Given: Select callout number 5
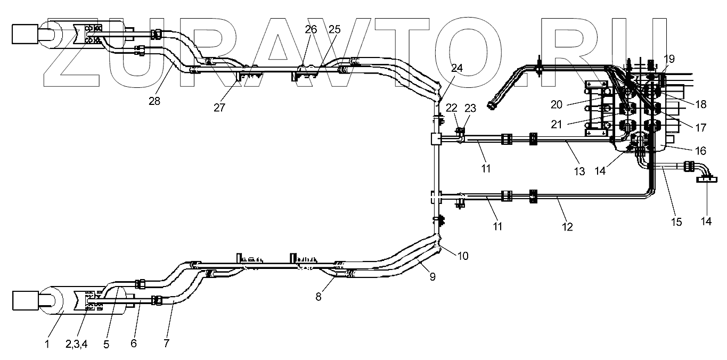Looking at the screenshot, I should click(106, 344).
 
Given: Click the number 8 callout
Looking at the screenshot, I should click(318, 297).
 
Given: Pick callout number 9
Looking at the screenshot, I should click(432, 276).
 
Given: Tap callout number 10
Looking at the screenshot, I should click(463, 256).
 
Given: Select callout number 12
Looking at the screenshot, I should click(567, 227).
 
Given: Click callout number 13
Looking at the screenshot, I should click(579, 171).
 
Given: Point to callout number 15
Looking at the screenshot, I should click(676, 222).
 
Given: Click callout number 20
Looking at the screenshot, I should click(557, 105).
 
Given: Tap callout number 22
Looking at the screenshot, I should click(451, 108).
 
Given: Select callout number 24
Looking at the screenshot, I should click(456, 68).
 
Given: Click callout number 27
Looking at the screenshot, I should click(219, 108).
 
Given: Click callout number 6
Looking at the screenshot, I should click(134, 344).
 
